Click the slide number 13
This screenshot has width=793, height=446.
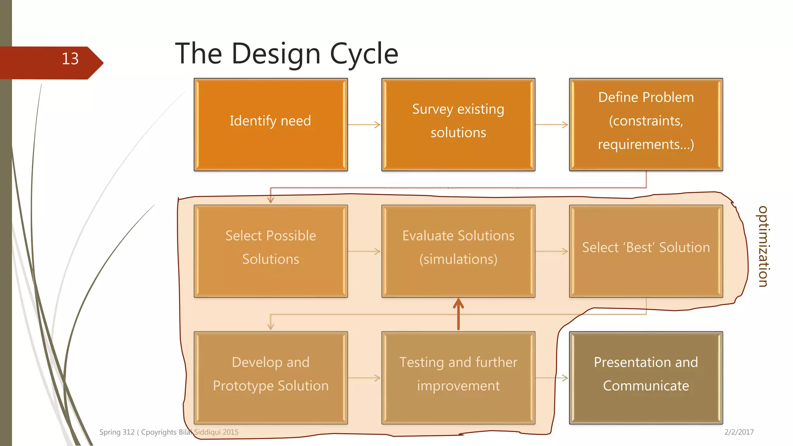pos(70,59)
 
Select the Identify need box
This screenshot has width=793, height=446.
pos(271,125)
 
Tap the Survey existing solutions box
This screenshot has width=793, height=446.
pos(458,125)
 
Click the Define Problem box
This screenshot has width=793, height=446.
pos(646,125)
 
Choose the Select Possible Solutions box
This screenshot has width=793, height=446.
pos(271,251)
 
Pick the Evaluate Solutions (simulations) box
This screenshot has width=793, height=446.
pos(458,251)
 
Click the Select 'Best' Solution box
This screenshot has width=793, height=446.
pos(646,251)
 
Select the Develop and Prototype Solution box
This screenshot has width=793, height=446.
pos(271,378)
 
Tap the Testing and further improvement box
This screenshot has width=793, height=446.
pos(458,378)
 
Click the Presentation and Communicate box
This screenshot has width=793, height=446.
pos(646,378)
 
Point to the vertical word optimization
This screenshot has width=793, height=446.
pos(763,247)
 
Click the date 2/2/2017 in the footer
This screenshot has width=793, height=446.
pos(739,432)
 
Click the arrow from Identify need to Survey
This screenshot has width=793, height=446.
pos(364,125)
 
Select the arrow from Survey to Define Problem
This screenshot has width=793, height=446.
pos(552,125)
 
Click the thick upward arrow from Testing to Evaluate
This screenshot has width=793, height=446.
pos(458,314)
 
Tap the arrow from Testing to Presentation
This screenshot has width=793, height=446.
pos(552,378)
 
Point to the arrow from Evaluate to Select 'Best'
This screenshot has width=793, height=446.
pos(552,251)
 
